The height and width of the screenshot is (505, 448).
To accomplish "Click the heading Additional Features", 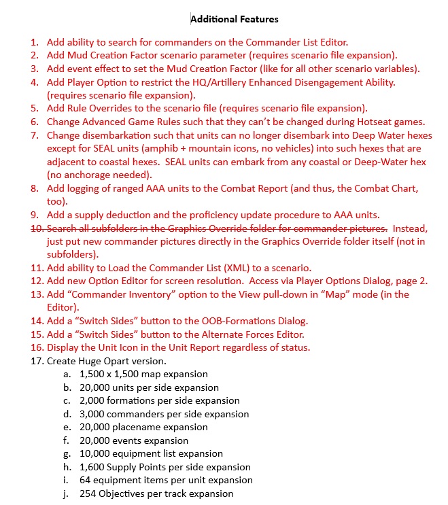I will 235,19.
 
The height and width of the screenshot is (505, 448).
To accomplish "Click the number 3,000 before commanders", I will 94,414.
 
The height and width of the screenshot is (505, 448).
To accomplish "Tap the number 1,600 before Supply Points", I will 94,467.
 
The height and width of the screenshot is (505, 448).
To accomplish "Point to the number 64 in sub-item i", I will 86,481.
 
